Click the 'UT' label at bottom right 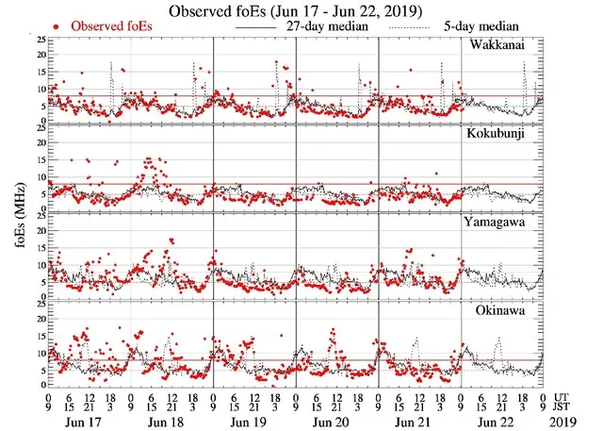click(562, 397)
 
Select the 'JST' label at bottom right click(565, 407)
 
